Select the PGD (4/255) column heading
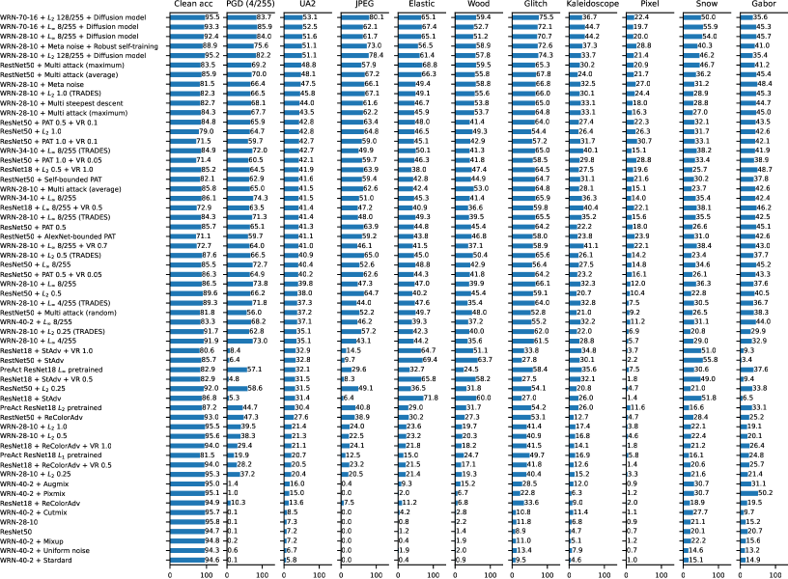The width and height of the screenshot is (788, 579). pos(248,6)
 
